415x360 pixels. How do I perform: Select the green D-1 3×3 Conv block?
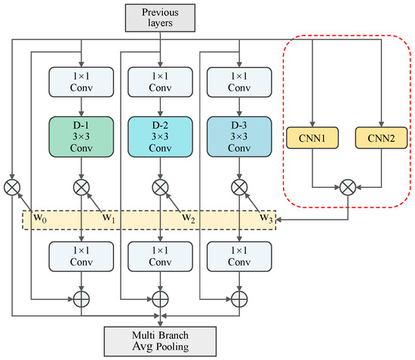click(x=80, y=136)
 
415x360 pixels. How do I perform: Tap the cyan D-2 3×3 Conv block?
click(x=159, y=136)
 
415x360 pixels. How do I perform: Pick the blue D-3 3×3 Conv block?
click(x=238, y=136)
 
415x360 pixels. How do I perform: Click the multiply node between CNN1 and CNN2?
click(x=346, y=183)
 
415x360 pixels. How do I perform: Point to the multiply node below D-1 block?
click(x=80, y=184)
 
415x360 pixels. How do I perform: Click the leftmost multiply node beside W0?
click(x=13, y=184)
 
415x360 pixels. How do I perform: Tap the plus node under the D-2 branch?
click(x=159, y=298)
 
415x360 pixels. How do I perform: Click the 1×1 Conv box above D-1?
click(x=80, y=82)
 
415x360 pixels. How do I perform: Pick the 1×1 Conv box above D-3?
click(x=238, y=82)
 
